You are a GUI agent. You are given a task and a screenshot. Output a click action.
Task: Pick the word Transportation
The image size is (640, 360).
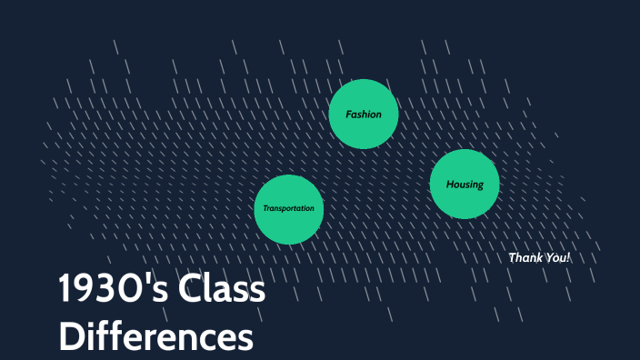point(289,208)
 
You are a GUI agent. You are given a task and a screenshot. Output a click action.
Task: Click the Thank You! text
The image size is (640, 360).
point(539,257)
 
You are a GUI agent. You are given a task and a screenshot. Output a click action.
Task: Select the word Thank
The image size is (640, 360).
point(525,257)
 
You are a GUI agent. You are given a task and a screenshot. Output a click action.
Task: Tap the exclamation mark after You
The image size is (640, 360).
point(568,257)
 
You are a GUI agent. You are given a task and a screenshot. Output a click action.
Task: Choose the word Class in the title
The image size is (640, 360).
point(222,291)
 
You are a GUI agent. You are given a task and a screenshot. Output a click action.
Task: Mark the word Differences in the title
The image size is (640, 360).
point(155,335)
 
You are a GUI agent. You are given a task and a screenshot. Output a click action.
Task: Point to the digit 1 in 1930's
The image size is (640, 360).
point(65,291)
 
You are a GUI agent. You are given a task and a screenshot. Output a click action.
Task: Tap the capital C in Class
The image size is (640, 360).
point(191,291)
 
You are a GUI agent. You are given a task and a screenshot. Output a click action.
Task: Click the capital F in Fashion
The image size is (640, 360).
point(348,115)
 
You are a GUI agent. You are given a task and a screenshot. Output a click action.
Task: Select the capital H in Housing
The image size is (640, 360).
point(449,185)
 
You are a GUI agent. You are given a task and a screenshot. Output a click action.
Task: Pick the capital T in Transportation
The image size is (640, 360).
point(265,208)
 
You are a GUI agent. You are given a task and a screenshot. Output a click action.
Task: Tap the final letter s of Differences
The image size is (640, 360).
point(245,337)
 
